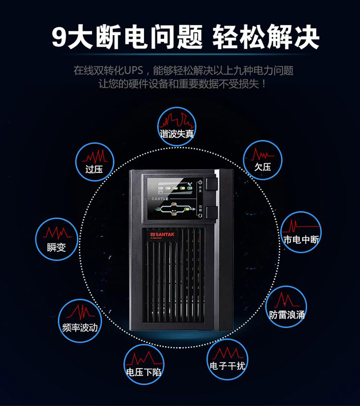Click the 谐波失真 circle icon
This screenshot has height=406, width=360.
[x=177, y=125]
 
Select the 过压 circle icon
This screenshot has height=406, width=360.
[x=95, y=161]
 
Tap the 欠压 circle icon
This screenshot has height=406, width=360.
[x=263, y=159]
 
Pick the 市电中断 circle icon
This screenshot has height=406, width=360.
[x=300, y=232]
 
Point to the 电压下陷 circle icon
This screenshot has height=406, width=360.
[x=144, y=364]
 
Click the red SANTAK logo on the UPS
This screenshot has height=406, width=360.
[x=155, y=232]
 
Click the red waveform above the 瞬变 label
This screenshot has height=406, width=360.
[x=57, y=233]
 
